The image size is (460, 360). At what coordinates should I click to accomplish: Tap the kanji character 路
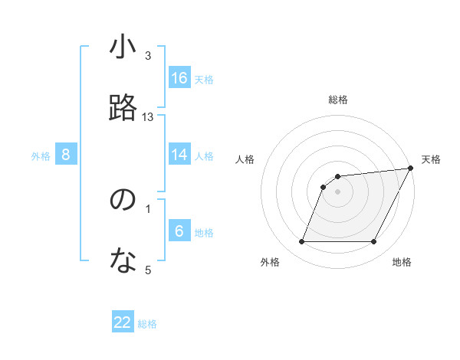tap(123, 108)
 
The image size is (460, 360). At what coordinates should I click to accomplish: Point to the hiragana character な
tap(123, 261)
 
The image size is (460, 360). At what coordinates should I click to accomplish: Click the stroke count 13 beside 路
tap(148, 117)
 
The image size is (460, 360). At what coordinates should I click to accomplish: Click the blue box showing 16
tap(179, 78)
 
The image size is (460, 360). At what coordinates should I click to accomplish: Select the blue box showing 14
tap(179, 155)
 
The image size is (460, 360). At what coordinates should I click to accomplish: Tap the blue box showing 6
tap(179, 231)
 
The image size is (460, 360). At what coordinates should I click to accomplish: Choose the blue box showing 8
tap(66, 155)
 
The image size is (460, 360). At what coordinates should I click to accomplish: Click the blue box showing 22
tap(123, 322)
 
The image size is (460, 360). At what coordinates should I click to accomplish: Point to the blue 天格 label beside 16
tap(204, 79)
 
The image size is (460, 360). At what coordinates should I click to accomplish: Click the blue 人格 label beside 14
tap(204, 155)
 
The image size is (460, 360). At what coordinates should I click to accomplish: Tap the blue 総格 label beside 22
tap(147, 324)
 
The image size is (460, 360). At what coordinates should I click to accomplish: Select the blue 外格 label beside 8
tap(41, 155)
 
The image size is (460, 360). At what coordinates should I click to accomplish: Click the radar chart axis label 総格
tap(338, 100)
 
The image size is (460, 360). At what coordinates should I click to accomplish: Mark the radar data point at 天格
tap(411, 169)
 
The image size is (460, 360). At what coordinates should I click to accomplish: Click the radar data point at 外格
tap(301, 242)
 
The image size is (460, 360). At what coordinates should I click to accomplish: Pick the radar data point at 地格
tap(374, 242)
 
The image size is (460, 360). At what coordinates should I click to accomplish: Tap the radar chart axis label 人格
tap(245, 159)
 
